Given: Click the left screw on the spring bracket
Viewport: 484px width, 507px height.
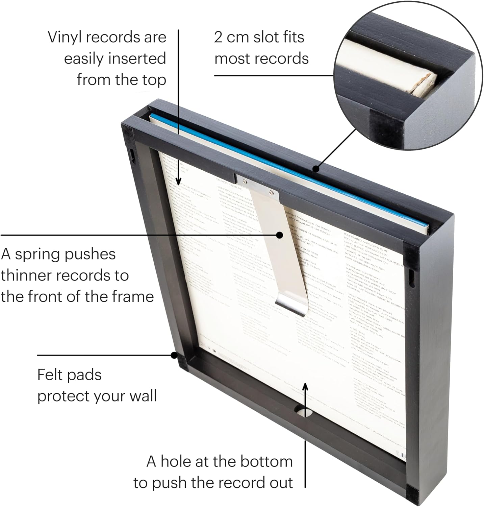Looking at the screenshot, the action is click(245, 183).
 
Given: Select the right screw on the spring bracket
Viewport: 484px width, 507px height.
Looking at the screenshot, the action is click(271, 192).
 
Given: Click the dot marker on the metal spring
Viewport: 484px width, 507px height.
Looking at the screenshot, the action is click(280, 235).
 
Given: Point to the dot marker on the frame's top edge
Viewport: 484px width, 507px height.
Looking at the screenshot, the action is click(315, 168).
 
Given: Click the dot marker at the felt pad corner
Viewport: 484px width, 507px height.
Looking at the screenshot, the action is click(174, 355).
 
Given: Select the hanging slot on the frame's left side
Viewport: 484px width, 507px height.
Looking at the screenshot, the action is click(132, 154).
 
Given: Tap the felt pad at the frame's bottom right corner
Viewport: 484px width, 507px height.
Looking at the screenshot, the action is click(409, 499).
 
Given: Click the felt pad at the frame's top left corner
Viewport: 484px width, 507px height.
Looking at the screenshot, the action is click(128, 130).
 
